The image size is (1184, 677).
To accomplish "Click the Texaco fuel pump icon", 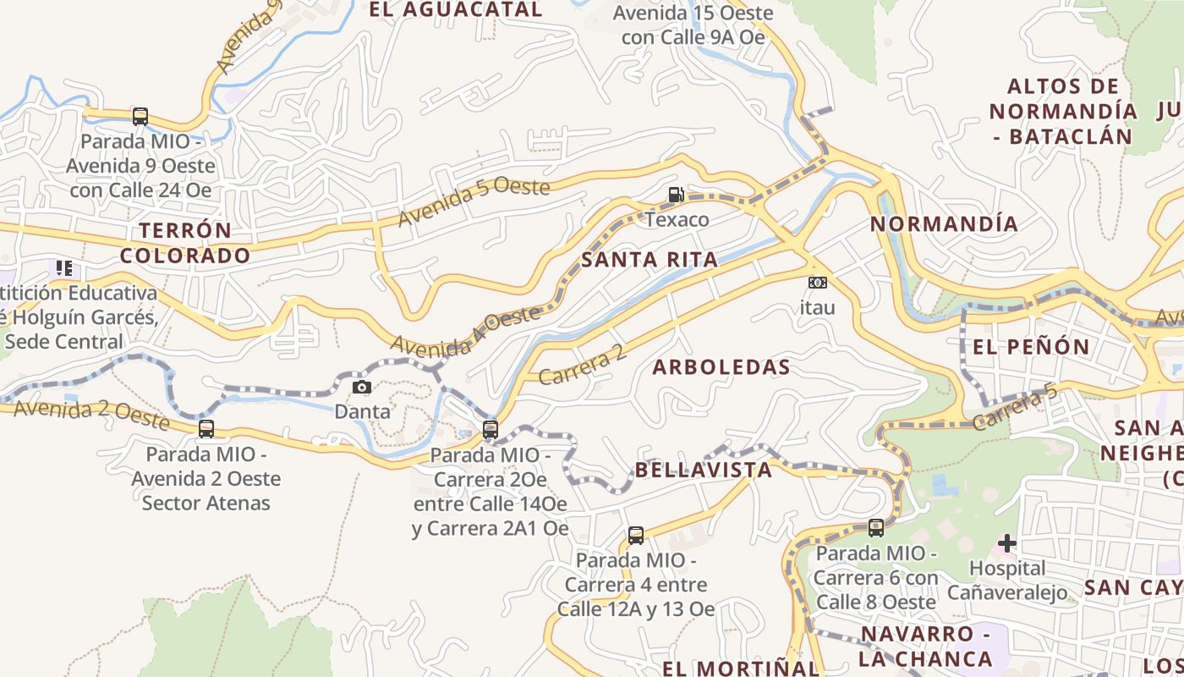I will coord(676,195).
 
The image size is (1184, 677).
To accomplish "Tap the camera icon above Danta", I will coord(362,387).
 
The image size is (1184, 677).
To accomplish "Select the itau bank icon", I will coord(817,283).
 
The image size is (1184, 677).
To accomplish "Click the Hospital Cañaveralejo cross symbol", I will coord(1006,542).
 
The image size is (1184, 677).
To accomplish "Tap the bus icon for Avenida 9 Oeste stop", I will coord(140,117).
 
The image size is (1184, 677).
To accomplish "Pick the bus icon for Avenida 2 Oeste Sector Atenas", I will coord(206,429).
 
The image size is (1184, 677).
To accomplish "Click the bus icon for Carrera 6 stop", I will coord(876,528).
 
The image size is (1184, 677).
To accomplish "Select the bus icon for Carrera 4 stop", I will coord(636,535).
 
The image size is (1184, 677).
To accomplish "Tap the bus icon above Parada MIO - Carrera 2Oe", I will coord(491,429).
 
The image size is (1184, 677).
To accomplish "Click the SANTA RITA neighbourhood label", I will coord(650,260).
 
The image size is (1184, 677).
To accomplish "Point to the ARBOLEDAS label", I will coord(721,367).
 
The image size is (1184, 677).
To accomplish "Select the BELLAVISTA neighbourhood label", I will coord(703,471).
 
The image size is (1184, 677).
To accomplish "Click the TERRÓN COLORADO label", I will coord(185,243).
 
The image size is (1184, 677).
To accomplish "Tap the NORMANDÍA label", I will coord(944,224).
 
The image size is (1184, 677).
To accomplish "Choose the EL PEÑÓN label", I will coord(1031,347).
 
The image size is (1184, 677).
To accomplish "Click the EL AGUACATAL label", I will coord(456,10).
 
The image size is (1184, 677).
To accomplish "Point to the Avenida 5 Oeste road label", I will coord(474,201).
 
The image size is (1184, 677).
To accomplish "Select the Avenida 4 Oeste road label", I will coord(464,330).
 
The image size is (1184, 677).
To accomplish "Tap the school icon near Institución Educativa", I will coord(64,269).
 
